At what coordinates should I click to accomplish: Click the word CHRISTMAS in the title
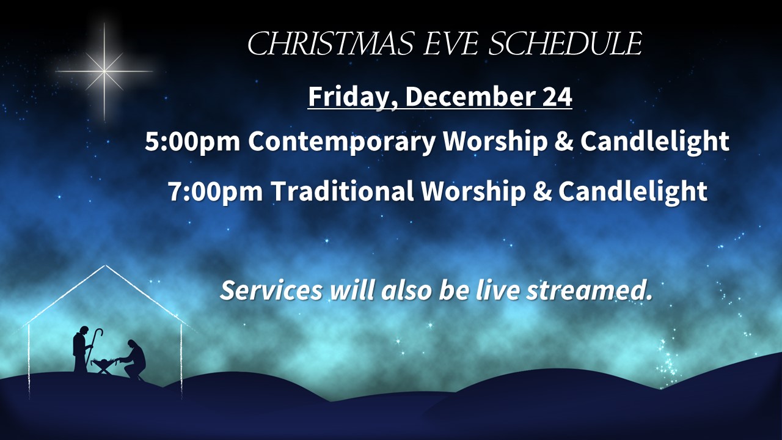pos(331,43)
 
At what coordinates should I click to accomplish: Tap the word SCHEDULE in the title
pos(565,43)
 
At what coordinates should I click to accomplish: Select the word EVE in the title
pos(450,43)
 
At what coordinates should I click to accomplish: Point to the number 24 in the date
pos(557,97)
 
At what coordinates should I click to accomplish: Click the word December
pos(470,97)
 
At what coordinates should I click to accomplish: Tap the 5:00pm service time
pos(192,141)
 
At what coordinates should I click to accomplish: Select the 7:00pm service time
pos(216,191)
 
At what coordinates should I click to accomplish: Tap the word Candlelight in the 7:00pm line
pos(633,192)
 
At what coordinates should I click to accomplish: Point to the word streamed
pos(590,290)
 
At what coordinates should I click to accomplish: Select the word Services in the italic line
pos(271,290)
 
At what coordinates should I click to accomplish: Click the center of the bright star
pos(104,71)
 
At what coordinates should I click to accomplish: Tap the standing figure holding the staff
pos(81,349)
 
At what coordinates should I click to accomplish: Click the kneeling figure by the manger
pos(135,360)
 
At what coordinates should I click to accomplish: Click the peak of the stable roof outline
pos(106,265)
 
